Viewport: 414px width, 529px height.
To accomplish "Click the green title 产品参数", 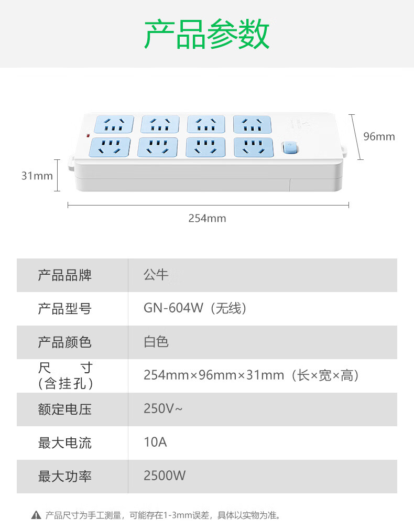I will coord(207,35).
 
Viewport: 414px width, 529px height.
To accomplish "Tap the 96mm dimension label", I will coord(379,137).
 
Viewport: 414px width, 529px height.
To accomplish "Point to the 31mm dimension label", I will coord(37,176).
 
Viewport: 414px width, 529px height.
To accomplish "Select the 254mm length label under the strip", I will coord(207,218).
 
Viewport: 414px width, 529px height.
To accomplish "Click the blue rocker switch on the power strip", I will coord(290,148).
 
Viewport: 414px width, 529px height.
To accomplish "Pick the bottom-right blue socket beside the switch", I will coord(254,147).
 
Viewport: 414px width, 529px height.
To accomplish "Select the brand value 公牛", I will coord(156,275).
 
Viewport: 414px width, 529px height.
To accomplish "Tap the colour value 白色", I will coord(156,342).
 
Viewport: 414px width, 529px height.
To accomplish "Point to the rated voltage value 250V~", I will coord(163,409).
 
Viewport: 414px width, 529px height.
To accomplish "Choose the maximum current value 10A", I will coord(155,442).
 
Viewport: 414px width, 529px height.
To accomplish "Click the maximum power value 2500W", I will coord(165,476).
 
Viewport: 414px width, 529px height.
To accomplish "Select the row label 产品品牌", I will coord(64,275).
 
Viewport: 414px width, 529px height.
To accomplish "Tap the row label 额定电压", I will coord(64,409).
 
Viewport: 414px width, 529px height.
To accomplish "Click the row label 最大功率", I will coord(64,476).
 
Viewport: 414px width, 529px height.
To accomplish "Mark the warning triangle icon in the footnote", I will coord(36,515).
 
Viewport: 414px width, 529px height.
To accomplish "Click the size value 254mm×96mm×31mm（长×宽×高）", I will coord(252,375).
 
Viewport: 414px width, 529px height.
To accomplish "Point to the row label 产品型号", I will coord(64,308).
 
